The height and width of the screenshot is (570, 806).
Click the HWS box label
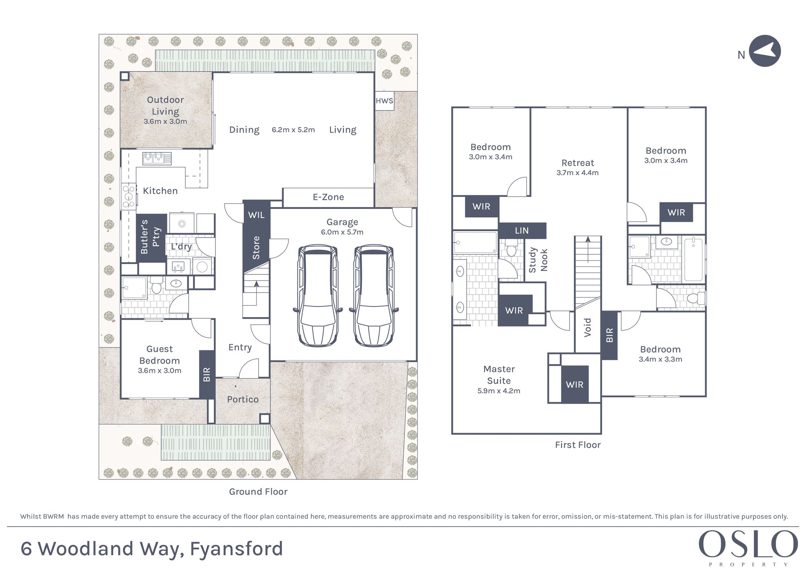tap(384, 101)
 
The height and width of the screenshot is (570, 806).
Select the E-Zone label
tap(328, 197)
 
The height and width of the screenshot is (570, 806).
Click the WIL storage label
tap(256, 215)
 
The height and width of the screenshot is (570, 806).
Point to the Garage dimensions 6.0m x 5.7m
tap(342, 232)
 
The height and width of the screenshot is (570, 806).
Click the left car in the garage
tap(318, 296)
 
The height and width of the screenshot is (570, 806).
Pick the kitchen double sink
tap(157, 158)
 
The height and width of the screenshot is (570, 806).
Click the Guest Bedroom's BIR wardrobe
tap(207, 374)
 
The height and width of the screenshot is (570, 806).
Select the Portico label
tap(243, 400)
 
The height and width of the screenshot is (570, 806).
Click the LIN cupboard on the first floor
tap(522, 231)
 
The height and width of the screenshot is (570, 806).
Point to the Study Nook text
tap(538, 260)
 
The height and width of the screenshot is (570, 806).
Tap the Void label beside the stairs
tap(587, 328)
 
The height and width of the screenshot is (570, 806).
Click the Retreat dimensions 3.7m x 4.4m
tap(578, 173)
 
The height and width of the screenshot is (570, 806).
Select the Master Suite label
tap(499, 375)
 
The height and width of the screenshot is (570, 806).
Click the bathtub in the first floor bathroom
tap(693, 260)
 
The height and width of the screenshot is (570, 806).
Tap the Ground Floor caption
tap(258, 492)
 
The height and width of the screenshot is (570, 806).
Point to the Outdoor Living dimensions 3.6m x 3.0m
tap(165, 121)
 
